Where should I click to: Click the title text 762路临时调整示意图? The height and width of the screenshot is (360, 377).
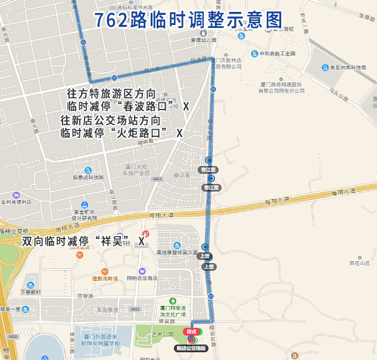point(188,20)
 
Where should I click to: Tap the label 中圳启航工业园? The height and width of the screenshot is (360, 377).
point(278,54)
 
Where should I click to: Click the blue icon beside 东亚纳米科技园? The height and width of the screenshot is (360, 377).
point(325,67)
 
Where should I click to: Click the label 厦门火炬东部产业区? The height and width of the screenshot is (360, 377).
point(137,170)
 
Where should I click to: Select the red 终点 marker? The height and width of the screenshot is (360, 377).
point(192,331)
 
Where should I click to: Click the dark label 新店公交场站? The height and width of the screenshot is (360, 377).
point(191,348)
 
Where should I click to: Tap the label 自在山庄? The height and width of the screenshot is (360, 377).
point(360,262)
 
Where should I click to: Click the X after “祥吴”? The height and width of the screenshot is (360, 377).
point(142,242)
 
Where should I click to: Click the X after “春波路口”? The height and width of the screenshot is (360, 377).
point(186,107)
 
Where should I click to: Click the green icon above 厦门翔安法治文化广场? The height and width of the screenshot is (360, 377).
point(173,300)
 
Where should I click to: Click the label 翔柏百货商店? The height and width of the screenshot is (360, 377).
point(142,278)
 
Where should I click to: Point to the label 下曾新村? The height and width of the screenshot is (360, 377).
point(30,292)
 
